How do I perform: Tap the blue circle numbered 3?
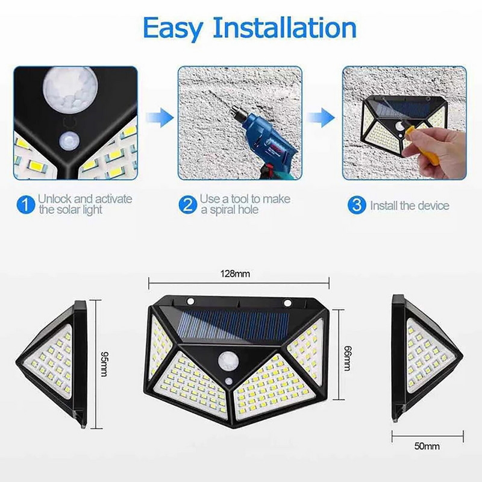click(357, 205)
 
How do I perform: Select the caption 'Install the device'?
click(410, 205)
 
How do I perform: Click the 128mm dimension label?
click(239, 274)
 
